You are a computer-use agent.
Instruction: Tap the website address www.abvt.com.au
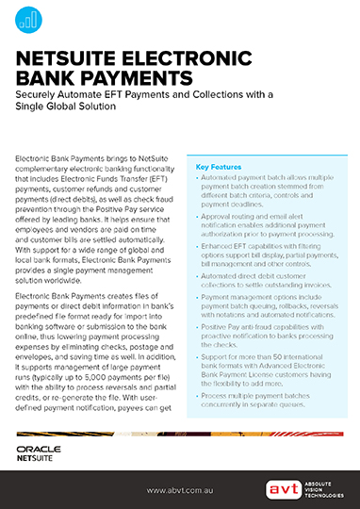coord(180,490)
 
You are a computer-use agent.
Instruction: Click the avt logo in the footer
coord(279,489)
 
